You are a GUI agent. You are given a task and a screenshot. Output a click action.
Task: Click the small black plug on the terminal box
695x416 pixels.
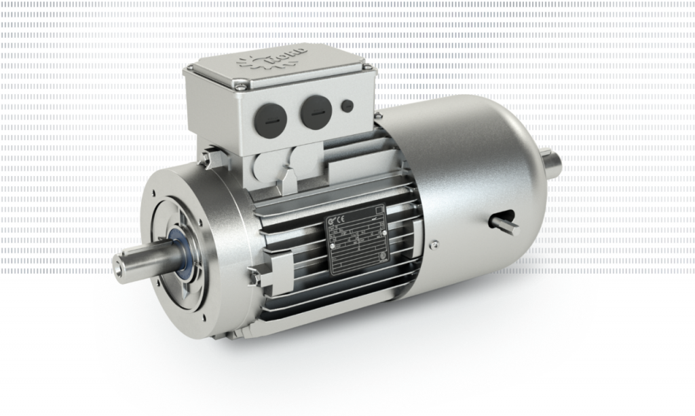pos(347,105)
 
